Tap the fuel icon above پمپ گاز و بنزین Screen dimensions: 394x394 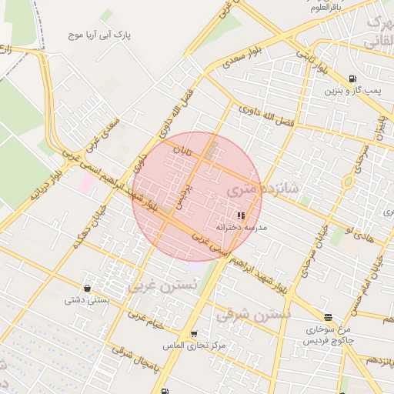pos(352,78)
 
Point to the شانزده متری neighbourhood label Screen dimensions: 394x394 pos(259,188)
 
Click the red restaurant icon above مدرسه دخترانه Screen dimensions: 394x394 pos(241,216)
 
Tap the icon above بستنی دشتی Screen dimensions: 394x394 pos(88,288)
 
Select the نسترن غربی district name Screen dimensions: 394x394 pos(162,285)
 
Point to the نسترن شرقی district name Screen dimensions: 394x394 pos(253,314)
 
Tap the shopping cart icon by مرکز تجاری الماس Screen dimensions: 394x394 pos(193,334)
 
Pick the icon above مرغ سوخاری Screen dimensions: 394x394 pos(329,317)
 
